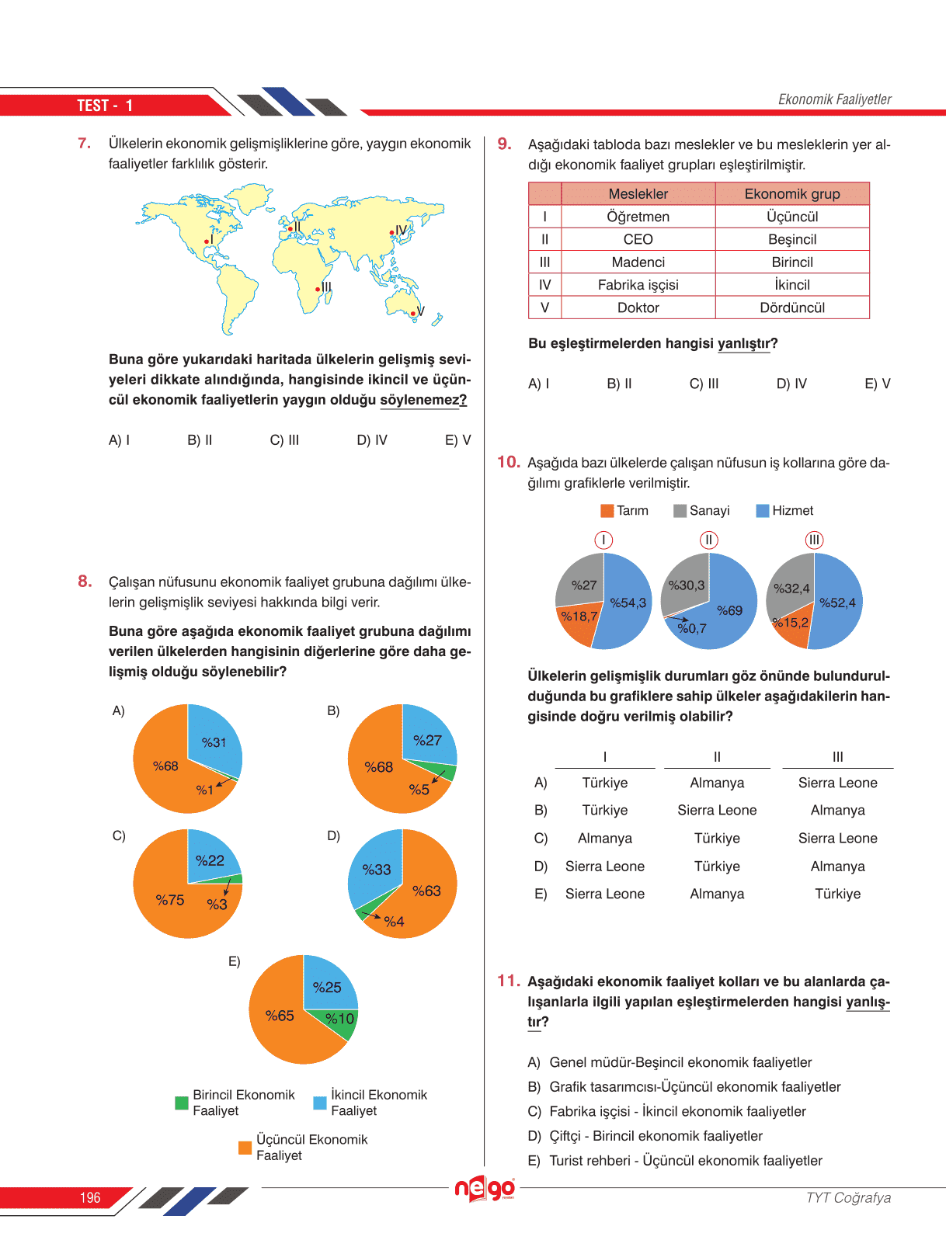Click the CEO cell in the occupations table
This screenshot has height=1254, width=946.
[638, 239]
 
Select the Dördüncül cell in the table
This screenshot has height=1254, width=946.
[792, 307]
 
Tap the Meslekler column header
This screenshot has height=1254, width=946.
[638, 193]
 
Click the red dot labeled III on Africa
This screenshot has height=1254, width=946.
[318, 290]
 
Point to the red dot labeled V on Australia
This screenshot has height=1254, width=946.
[413, 314]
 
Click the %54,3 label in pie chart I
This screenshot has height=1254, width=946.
[628, 603]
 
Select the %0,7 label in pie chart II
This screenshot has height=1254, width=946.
[691, 628]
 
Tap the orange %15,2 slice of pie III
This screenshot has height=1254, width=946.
[791, 627]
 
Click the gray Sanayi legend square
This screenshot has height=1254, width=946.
[680, 511]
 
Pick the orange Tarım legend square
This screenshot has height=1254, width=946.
[607, 511]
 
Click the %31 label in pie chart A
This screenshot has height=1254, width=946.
[214, 742]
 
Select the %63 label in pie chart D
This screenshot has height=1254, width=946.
[426, 891]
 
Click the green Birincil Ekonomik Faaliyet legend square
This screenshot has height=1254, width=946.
[182, 1103]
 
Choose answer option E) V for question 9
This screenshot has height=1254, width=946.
[877, 384]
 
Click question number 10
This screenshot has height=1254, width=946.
[508, 463]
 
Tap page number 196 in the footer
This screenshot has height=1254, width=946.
[90, 1198]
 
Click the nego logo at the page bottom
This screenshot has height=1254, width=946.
[485, 1188]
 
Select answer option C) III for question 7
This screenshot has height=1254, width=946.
[284, 440]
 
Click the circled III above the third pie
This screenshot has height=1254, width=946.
[814, 540]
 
